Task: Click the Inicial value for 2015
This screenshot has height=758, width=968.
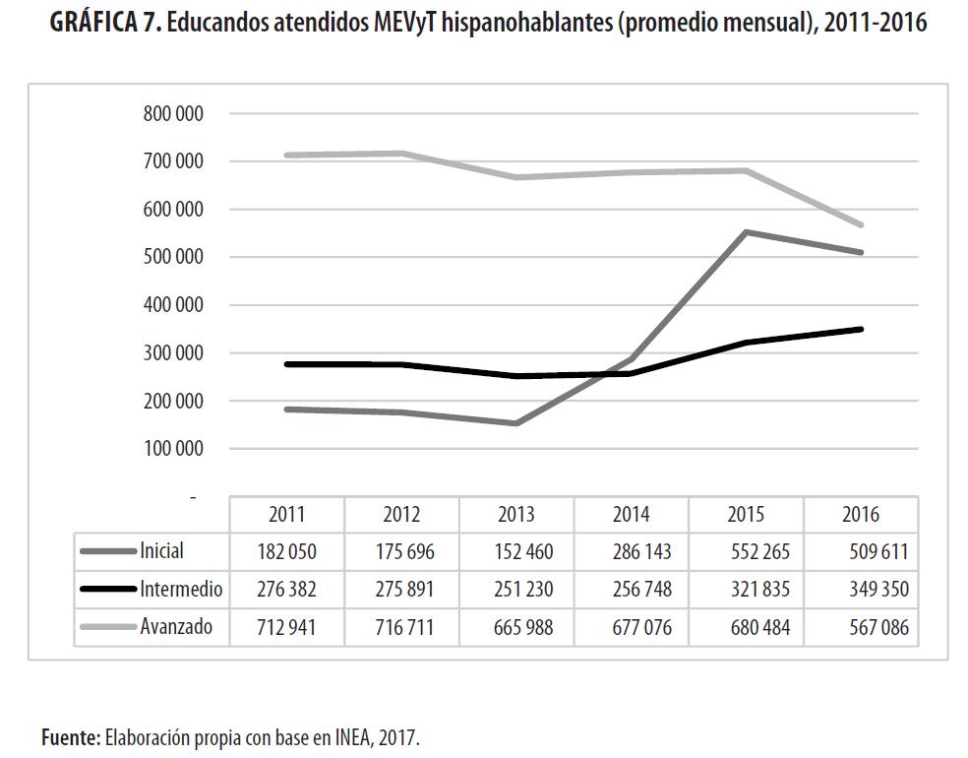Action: (746, 552)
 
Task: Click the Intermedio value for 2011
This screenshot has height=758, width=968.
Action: (286, 590)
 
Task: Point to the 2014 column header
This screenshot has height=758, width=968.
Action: (631, 514)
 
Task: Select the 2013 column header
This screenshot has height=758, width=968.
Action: (516, 514)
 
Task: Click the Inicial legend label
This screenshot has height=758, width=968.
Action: (161, 551)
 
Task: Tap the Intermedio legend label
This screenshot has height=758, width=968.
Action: (181, 590)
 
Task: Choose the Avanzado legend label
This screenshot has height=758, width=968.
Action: (176, 626)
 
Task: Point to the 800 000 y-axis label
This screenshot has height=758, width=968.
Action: (173, 114)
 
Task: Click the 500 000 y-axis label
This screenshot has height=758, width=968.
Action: (173, 257)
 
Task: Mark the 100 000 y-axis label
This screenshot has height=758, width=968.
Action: (173, 449)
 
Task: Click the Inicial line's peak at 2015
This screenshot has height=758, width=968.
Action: (746, 232)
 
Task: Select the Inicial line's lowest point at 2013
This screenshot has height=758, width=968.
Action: (516, 423)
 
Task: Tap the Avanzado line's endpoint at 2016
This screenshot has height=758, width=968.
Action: (861, 225)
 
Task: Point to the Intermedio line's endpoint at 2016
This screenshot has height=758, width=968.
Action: (861, 329)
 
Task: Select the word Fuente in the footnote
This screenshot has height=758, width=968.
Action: (70, 736)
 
